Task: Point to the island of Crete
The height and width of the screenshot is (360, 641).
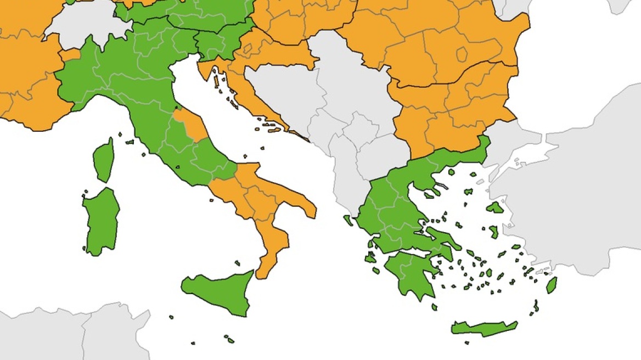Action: coord(483,328)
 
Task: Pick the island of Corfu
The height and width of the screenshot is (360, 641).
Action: coord(348,221)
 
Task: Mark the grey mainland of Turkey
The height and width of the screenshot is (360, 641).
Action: coord(582,203)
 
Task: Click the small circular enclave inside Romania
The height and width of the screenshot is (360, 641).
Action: coord(462,54)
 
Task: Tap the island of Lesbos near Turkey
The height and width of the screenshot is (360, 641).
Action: coord(496,207)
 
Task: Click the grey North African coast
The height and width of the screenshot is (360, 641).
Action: coord(66,335)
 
